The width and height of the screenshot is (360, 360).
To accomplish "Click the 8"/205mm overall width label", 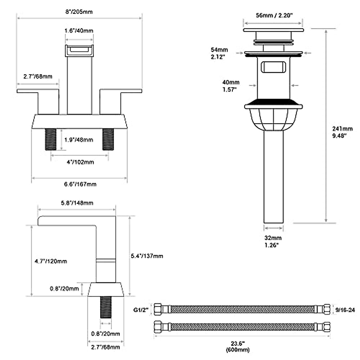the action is tap(79, 12).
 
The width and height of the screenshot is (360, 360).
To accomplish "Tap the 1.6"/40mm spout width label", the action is tap(79, 31).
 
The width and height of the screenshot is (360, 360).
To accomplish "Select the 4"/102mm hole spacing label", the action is tap(80, 162).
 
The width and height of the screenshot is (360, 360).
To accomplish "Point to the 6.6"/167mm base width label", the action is tap(80, 184).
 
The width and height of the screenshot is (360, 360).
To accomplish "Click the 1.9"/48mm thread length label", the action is tap(79, 140).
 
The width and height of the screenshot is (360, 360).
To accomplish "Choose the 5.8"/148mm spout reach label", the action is tap(77, 203).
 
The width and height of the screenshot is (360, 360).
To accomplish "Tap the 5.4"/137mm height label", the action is tap(147, 256).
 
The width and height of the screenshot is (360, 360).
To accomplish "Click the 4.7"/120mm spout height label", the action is tap(51, 261).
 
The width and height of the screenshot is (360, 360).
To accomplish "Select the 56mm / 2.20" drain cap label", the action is tap(274, 15).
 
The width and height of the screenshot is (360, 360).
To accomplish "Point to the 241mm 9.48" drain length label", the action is tap(342, 132).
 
